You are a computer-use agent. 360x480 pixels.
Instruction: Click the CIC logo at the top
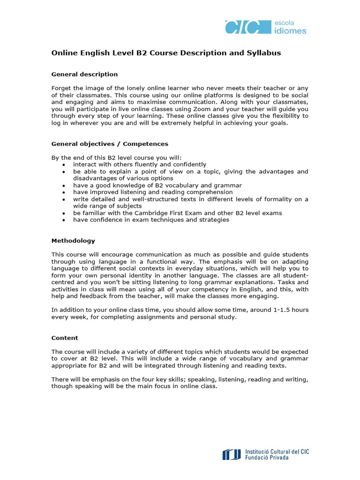[x=241, y=27]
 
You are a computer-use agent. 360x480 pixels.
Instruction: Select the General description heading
[x=84, y=74]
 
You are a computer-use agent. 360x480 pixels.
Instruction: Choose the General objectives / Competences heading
[x=110, y=144]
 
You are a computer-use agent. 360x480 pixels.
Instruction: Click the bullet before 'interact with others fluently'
[x=63, y=165]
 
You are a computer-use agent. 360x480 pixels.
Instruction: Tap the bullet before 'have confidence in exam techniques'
[x=63, y=220]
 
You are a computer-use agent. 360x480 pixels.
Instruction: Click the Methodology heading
[x=73, y=240]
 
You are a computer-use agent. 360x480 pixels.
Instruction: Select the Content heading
[x=65, y=337]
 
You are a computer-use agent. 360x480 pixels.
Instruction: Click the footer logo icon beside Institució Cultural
[x=232, y=454]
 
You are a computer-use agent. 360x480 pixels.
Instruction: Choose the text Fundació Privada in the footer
[x=267, y=457]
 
